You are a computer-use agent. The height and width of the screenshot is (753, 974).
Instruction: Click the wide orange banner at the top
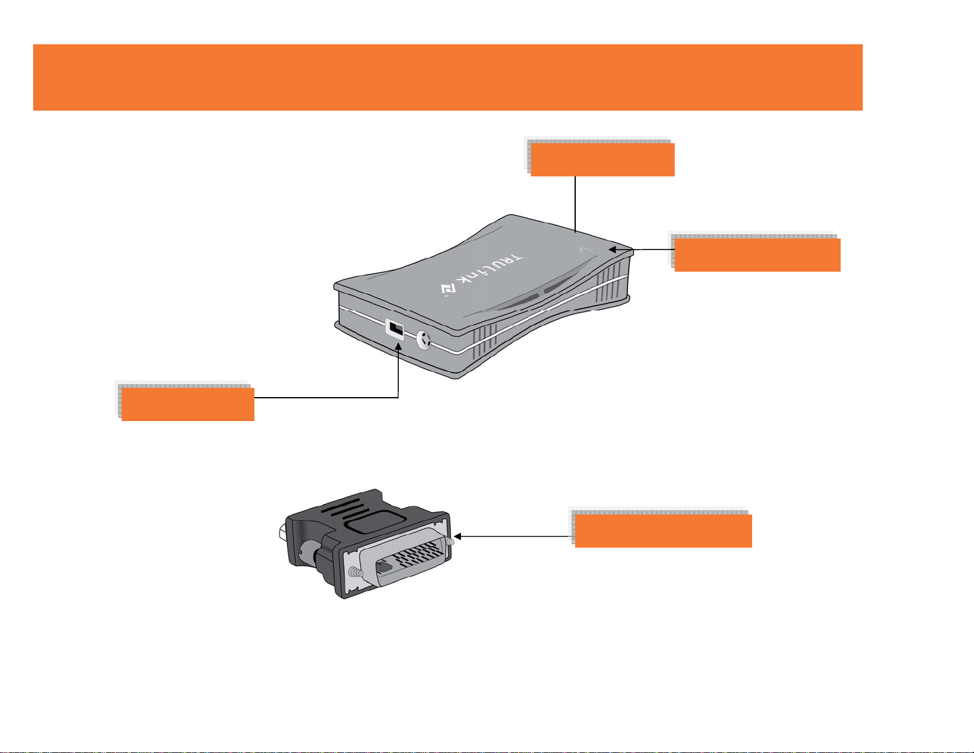[x=448, y=77]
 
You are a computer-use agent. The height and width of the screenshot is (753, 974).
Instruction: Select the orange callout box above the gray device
[x=602, y=160]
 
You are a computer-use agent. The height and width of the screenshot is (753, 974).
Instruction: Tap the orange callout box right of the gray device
[x=757, y=254]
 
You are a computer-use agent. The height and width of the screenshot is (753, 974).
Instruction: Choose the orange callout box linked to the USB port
[x=188, y=404]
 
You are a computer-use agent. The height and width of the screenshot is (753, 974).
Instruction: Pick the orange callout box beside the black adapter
[x=663, y=530]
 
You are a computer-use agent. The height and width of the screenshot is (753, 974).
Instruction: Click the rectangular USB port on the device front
[x=395, y=329]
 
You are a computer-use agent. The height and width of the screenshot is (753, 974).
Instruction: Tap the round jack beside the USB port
[x=423, y=340]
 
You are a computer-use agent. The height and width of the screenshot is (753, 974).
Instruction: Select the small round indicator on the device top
[x=586, y=250]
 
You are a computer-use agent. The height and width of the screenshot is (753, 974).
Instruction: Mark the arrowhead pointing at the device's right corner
[x=613, y=250]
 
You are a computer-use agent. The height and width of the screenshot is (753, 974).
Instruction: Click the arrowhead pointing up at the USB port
[x=398, y=346]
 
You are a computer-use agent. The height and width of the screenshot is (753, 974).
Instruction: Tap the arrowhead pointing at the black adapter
[x=458, y=536]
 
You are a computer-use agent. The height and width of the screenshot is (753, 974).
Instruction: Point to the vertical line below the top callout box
[x=575, y=204]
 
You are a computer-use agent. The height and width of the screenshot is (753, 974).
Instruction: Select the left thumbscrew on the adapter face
[x=356, y=572]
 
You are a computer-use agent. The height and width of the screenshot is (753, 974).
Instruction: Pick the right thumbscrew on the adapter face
[x=450, y=542]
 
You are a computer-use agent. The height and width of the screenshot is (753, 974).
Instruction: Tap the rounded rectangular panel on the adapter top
[x=375, y=521]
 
